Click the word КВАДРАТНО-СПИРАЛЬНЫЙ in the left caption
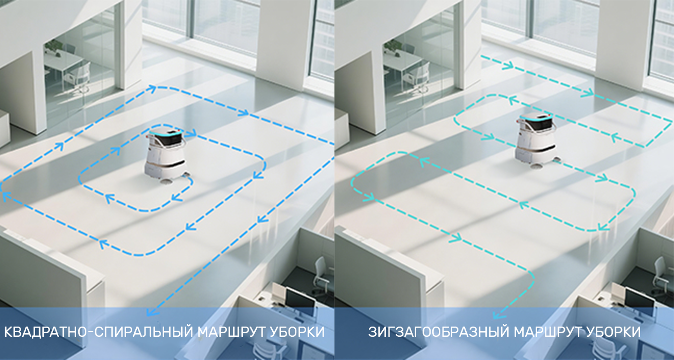pos(98,332)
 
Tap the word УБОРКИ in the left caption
pos(296,332)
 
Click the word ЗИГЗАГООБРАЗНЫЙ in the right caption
pos(439,332)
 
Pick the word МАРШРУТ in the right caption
pos(546,332)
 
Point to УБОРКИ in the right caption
pos(612,332)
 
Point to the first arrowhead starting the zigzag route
pos(508,65)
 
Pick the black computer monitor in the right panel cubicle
pos(636,298)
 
